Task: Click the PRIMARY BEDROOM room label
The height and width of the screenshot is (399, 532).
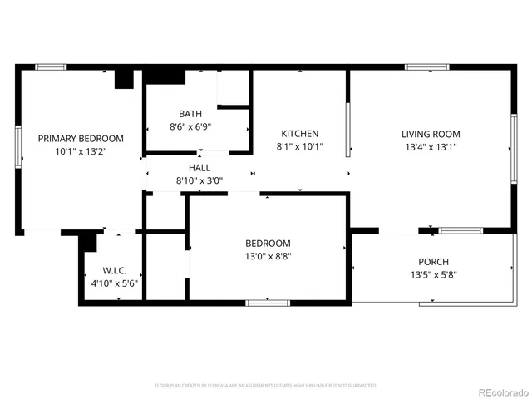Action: coord(81,139)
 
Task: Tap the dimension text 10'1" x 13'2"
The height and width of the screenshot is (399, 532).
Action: coord(81,152)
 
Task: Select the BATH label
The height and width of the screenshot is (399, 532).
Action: coord(190,114)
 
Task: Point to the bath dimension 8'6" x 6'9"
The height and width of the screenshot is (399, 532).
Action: coord(190,127)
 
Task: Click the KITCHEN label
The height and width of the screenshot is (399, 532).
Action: coord(299,134)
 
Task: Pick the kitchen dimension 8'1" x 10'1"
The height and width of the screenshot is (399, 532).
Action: coord(299,147)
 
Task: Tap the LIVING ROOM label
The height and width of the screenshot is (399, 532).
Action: coord(431,134)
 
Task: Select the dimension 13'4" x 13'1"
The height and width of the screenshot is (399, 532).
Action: coord(431,147)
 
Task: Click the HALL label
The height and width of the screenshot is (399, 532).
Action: coord(199,167)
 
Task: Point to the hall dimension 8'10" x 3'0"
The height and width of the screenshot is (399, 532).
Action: coord(199,180)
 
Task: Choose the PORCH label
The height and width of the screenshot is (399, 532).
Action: coord(433,261)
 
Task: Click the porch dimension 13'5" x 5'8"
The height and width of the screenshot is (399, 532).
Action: coord(433,274)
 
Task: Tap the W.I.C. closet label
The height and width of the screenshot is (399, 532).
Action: coord(114,270)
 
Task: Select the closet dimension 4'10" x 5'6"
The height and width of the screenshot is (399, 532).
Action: coord(114,283)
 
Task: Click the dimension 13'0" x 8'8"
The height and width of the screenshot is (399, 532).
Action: coord(267,256)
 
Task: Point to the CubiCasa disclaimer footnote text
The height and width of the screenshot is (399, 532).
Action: coord(266,386)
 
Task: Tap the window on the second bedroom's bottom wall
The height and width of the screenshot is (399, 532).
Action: coord(267,302)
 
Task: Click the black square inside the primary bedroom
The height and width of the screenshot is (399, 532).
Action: coord(124,78)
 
